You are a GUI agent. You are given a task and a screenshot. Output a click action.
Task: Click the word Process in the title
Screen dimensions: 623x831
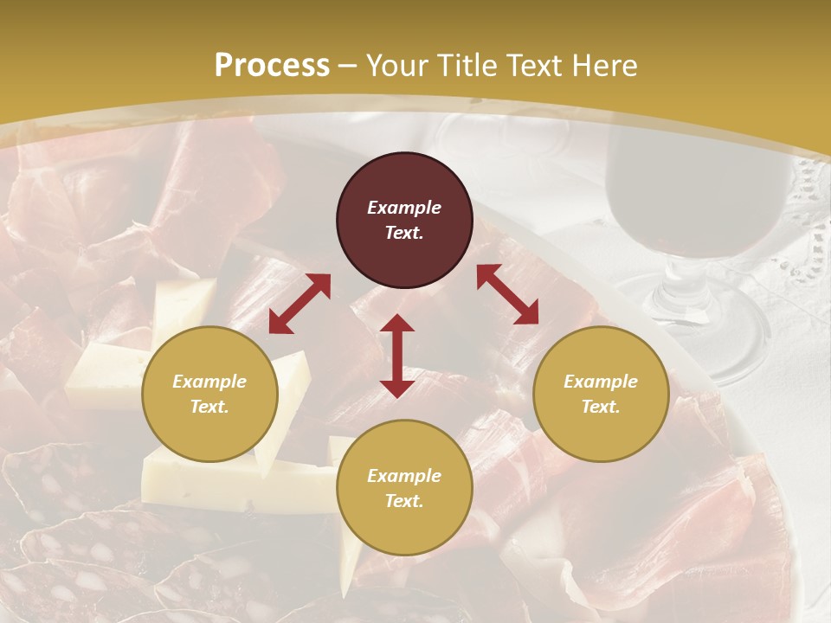pyautogui.click(x=272, y=66)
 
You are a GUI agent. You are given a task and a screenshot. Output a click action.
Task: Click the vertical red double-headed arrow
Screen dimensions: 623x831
pyautogui.click(x=397, y=356)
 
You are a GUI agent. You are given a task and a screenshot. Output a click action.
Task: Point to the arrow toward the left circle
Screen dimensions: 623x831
pyautogui.click(x=300, y=304)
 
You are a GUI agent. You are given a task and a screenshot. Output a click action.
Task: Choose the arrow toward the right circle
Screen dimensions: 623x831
pyautogui.click(x=507, y=294)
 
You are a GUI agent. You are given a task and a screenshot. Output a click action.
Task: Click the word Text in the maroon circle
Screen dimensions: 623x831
pyautogui.click(x=404, y=233)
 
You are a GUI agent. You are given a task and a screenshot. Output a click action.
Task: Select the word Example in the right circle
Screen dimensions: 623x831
pyautogui.click(x=601, y=382)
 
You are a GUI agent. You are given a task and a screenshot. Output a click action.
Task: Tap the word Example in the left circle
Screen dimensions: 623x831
pyautogui.click(x=209, y=382)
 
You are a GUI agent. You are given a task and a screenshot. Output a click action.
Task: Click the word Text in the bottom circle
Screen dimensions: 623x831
pyautogui.click(x=404, y=501)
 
